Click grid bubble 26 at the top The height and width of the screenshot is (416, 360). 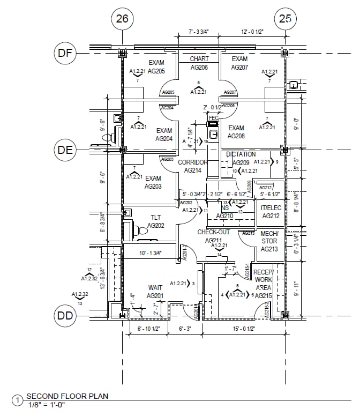click(122, 19)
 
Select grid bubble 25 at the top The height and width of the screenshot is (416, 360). click(285, 19)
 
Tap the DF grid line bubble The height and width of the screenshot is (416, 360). click(65, 53)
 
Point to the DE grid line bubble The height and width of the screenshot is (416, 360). click(65, 150)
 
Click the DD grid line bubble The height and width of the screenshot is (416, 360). click(65, 315)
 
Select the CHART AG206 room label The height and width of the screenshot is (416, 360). click(199, 63)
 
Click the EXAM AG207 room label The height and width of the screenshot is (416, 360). click(239, 63)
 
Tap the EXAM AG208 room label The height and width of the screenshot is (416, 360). click(236, 132)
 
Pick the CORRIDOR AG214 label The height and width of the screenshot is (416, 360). click(192, 166)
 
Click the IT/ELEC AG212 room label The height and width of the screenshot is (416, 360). click(271, 212)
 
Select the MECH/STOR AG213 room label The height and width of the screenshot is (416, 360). click(269, 241)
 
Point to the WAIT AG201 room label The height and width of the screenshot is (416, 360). click(155, 292)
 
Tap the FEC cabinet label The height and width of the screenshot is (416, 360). click(213, 118)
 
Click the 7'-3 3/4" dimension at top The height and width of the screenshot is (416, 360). click(198, 32)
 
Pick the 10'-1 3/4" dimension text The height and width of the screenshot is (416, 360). click(151, 252)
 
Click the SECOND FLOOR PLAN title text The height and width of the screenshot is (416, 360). click(67, 396)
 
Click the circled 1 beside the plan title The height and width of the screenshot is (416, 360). click(17, 400)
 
